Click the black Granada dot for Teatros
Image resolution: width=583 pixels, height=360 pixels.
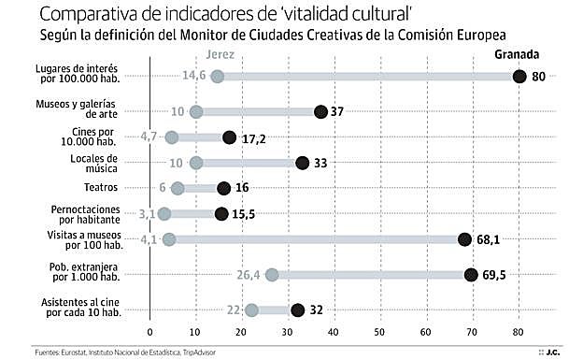[x=223, y=188]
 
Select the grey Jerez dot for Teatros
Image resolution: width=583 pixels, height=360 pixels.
[x=178, y=188]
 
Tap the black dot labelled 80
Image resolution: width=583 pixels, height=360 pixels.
[x=519, y=77]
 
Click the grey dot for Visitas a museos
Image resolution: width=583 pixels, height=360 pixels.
[x=169, y=239]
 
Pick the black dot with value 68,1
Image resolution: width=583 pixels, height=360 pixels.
[x=464, y=239]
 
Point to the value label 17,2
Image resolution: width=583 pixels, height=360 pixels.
[x=255, y=137]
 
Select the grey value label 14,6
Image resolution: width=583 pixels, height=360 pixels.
[x=194, y=77]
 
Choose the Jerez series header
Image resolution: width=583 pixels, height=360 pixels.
[x=220, y=56]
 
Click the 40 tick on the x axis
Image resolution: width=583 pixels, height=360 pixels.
[x=334, y=332]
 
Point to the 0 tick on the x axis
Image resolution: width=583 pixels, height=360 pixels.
[x=149, y=332]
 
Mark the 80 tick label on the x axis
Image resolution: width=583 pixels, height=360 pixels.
[x=519, y=332]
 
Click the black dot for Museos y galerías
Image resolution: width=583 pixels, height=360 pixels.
[x=320, y=111]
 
